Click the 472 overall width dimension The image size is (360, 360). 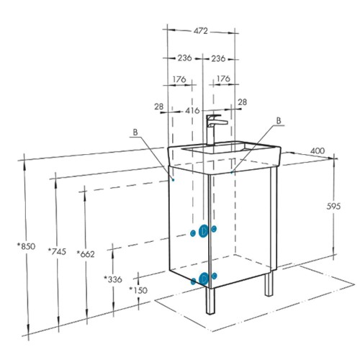(x=201, y=31)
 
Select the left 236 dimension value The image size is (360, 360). (x=184, y=58)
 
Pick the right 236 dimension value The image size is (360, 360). (x=218, y=58)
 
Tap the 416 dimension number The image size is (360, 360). (x=192, y=110)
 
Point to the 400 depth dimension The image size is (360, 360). (x=318, y=150)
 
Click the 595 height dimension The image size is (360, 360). (x=333, y=206)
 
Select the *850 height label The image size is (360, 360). (x=26, y=246)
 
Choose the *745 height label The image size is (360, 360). (x=57, y=251)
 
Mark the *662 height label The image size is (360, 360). (x=86, y=254)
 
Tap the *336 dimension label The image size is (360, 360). (x=113, y=279)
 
